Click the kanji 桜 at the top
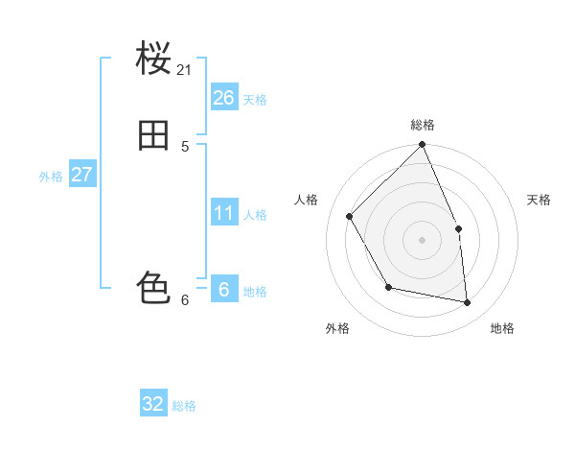(154, 59)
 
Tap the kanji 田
(154, 136)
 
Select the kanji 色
(154, 288)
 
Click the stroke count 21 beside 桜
(185, 70)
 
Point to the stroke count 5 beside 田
(185, 147)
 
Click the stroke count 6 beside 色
(185, 300)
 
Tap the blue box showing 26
(223, 98)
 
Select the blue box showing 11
(223, 213)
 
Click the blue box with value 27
(81, 175)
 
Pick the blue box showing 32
(153, 404)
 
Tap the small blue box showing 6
(223, 290)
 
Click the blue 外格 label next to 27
(51, 177)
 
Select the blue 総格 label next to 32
(184, 406)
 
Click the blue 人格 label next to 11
(255, 215)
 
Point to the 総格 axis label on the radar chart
(423, 125)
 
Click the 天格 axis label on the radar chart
(539, 200)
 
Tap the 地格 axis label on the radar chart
(502, 328)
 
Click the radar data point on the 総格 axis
(423, 145)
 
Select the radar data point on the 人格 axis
(350, 216)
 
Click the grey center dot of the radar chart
(423, 240)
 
